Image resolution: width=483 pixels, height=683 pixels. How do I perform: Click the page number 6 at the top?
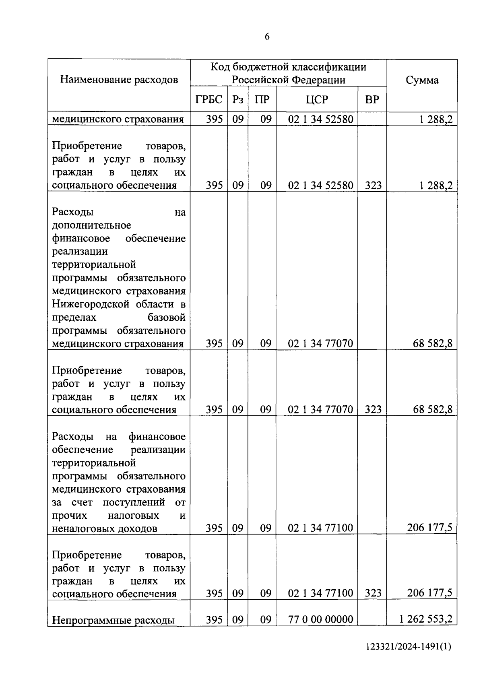point(267,37)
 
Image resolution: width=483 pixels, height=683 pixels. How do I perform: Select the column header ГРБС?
point(209,99)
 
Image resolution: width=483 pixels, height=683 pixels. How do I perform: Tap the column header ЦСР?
point(317,99)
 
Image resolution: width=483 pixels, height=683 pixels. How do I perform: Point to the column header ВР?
point(372,99)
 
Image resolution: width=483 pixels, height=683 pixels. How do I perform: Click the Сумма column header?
point(422,80)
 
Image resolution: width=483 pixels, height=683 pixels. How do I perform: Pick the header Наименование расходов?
point(119,80)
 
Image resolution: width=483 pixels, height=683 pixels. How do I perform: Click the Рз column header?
point(238,99)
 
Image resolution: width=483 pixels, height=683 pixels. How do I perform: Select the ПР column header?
point(262,99)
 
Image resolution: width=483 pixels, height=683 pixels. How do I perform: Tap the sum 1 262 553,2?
point(425,619)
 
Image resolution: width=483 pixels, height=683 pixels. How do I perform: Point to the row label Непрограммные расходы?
point(114,620)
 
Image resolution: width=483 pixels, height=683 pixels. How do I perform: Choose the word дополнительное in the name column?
point(91,225)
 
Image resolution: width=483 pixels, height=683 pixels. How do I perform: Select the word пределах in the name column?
point(74,318)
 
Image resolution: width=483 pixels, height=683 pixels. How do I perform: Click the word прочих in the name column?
point(69,516)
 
